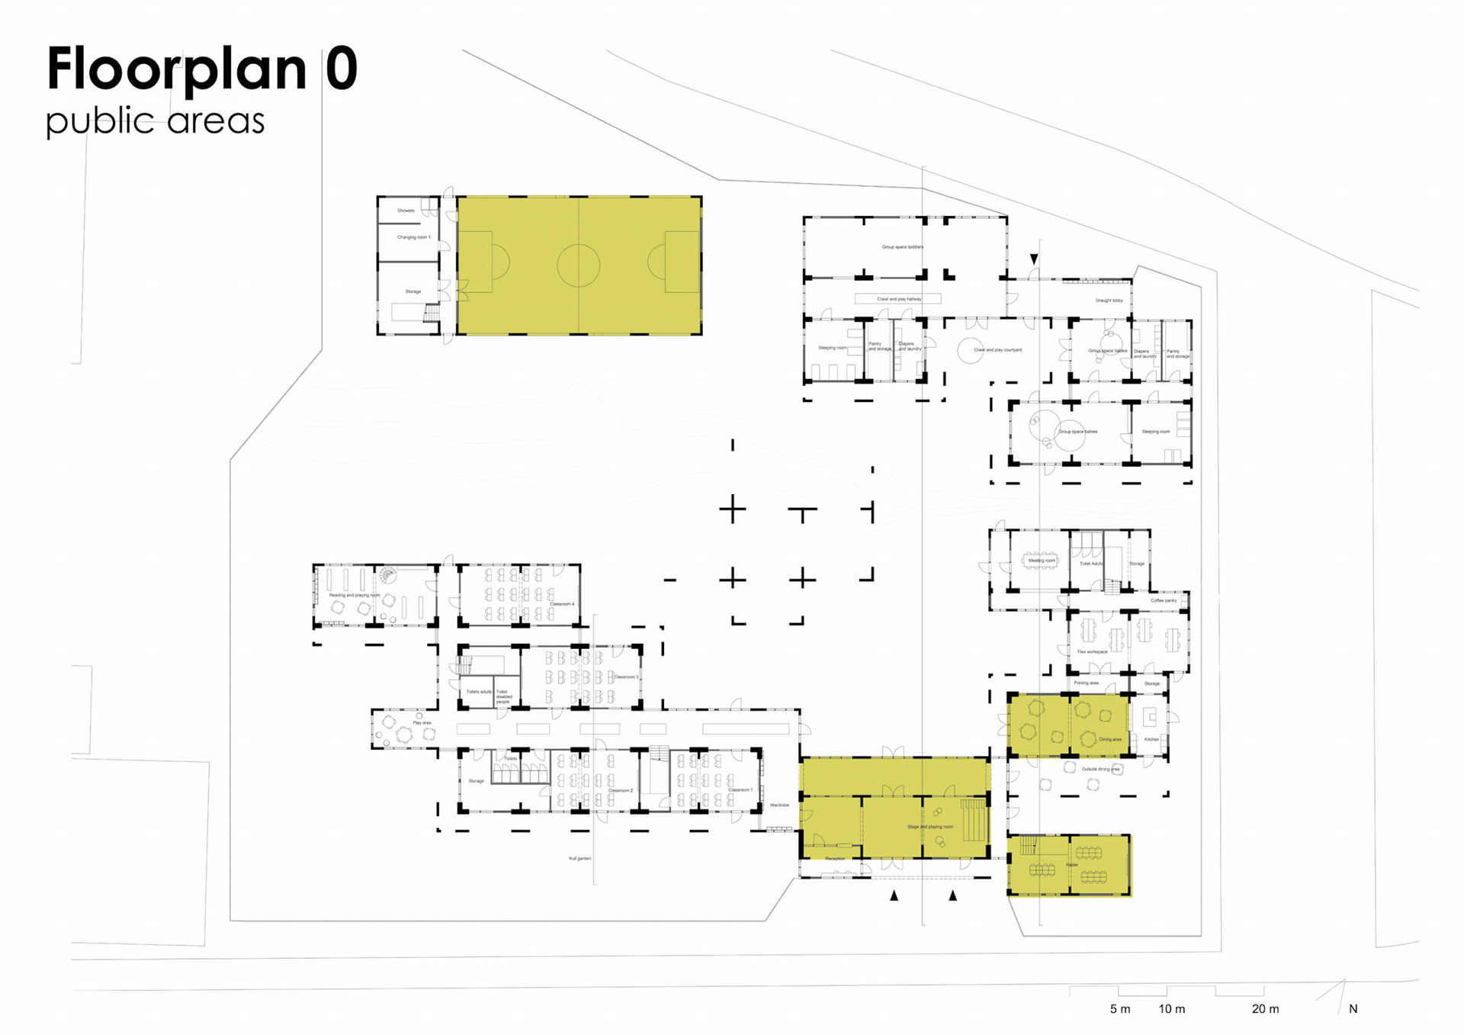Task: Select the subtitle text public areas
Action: coord(155,121)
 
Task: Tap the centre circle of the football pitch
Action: coord(578,265)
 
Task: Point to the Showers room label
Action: coord(406,211)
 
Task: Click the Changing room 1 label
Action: coord(413,237)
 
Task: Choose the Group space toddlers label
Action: coord(902,247)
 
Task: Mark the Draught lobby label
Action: coord(1109,301)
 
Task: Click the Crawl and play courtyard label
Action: coord(997,350)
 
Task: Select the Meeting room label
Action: coord(1042,561)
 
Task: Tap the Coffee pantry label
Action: coord(1164,601)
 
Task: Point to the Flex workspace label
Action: coord(1092,652)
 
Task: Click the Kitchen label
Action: coord(1151,739)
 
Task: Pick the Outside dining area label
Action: coord(1100,770)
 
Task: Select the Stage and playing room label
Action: coord(929,827)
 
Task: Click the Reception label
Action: coord(835,859)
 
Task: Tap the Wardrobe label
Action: coord(779,805)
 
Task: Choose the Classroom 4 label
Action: coord(562,604)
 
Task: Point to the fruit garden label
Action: coord(579,859)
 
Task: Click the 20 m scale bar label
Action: coord(1265,1009)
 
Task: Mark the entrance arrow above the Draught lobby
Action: coord(1034,259)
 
